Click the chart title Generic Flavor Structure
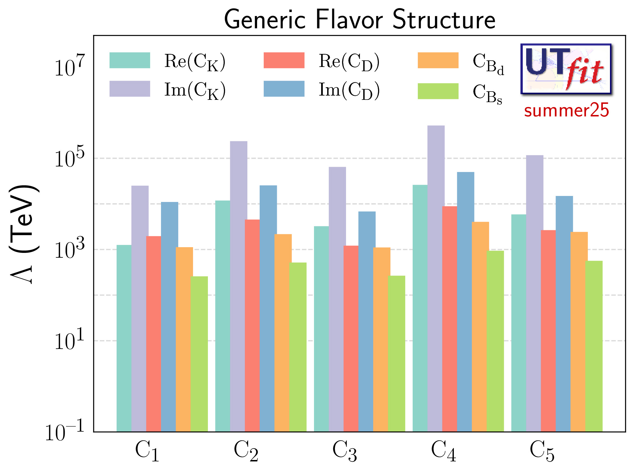point(359,19)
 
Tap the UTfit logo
point(566,69)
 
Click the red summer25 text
point(566,111)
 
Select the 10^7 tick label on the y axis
point(69,66)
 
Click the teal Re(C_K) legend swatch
point(130,60)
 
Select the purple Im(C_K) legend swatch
point(130,89)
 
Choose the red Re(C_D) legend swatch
point(284,60)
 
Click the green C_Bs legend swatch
point(438,91)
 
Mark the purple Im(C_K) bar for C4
point(436,277)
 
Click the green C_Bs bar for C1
point(199,353)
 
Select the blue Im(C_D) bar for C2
point(268,308)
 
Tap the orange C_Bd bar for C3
point(381,339)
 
